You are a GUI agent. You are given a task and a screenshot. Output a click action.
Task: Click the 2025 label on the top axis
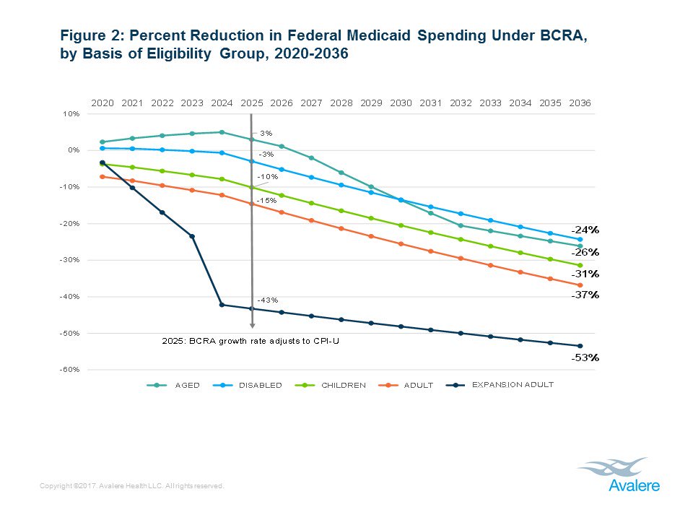coord(251,103)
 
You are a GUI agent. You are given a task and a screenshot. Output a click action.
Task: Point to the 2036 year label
coord(580,103)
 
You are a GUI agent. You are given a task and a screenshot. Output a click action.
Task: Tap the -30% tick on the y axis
coord(69,260)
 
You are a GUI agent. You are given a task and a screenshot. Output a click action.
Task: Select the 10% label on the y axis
coord(71,113)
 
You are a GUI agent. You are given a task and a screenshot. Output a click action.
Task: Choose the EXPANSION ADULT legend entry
coord(513,384)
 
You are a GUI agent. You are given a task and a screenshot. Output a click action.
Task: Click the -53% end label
coord(585,357)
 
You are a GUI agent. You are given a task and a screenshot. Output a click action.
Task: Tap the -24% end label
coord(585,230)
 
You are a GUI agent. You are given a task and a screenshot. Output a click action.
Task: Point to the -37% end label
coord(585,295)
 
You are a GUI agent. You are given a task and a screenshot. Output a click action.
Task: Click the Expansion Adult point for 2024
coord(222,305)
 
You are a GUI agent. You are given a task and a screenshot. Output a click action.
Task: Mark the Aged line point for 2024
coord(222,132)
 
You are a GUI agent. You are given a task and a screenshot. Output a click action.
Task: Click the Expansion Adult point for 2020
coord(103,162)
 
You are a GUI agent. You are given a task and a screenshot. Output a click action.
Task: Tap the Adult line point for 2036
coord(580,285)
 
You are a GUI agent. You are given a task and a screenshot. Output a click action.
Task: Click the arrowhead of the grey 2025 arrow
coord(252,326)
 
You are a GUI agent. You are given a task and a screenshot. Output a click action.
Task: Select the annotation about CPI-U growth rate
coord(250,340)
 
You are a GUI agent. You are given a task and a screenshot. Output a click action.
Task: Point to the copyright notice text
coord(133,487)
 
